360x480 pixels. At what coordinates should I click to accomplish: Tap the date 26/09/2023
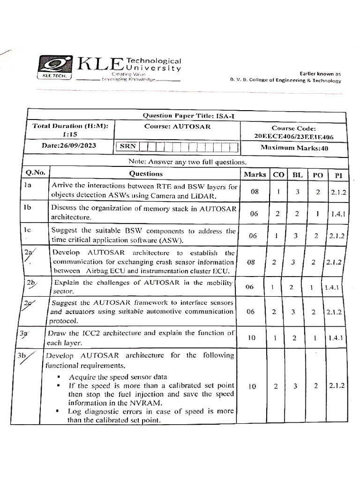69,145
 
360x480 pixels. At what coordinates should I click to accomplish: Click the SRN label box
127,146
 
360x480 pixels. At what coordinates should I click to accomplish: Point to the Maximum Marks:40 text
293,148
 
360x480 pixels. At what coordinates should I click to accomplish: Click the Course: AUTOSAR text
178,127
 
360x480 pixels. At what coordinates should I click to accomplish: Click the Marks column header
255,174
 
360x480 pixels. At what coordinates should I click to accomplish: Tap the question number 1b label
28,207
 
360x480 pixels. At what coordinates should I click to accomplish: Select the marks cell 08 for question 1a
254,191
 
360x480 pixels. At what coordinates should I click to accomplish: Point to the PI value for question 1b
337,214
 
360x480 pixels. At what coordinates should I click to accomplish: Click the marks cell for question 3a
252,337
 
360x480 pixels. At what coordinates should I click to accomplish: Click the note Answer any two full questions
187,162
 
